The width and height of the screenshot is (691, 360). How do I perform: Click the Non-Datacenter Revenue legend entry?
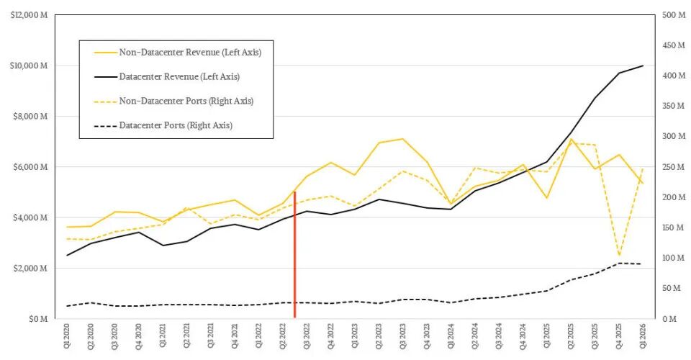178,53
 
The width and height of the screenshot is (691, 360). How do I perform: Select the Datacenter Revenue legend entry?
167,76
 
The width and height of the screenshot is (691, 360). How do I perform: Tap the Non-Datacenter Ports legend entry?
173,101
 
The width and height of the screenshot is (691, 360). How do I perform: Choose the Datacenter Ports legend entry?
163,125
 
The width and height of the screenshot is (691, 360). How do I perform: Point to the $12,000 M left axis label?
29,15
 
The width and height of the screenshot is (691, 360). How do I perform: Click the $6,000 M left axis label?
30,167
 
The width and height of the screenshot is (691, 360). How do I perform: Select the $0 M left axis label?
38,319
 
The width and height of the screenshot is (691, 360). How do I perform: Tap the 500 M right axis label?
674,15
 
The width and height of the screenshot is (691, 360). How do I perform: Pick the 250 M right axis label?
674,167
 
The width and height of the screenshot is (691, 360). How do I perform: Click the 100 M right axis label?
674,258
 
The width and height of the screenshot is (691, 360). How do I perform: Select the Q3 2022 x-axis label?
307,338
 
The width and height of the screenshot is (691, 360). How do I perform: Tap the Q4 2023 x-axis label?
427,338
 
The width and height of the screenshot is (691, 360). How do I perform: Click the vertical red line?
294,255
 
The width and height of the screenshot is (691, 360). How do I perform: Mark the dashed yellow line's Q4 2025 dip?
619,255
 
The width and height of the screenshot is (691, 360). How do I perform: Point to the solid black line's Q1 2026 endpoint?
643,66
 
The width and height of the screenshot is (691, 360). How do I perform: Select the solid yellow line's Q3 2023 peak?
402,139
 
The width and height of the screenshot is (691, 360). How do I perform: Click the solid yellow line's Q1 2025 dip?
547,198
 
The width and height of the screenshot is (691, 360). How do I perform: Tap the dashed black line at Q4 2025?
619,263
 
